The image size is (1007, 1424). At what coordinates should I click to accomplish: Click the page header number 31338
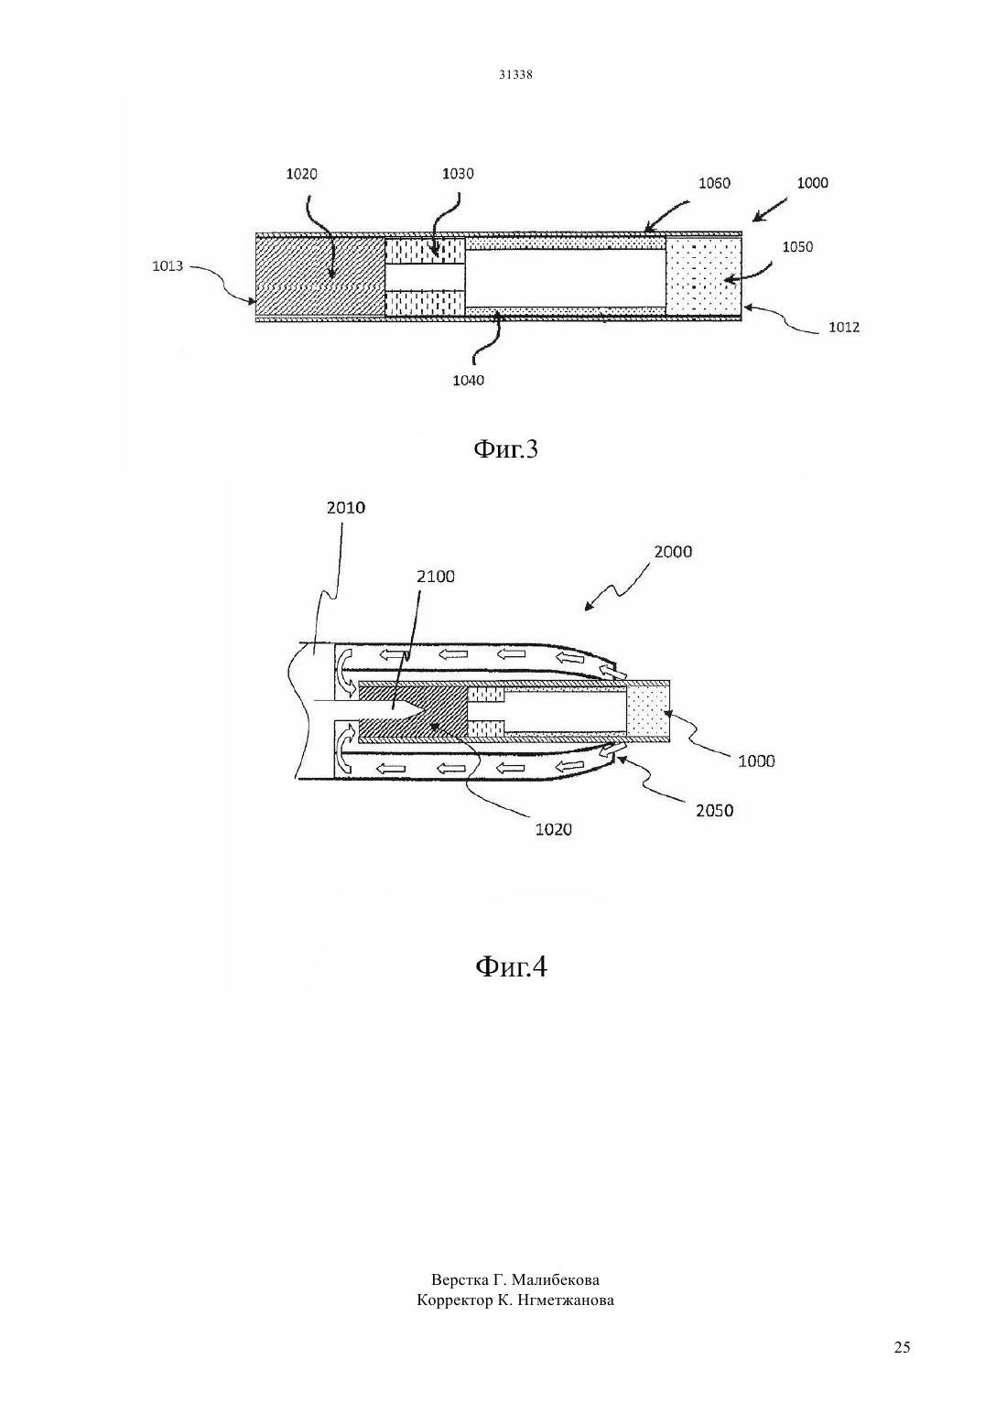click(x=515, y=75)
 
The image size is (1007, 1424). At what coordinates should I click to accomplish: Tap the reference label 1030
click(x=458, y=174)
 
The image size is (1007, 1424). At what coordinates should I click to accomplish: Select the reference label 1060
click(x=715, y=183)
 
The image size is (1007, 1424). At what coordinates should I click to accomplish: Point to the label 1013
click(x=168, y=265)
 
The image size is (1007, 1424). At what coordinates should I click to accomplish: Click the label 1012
click(x=844, y=327)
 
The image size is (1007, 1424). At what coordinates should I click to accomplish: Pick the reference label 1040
click(x=468, y=380)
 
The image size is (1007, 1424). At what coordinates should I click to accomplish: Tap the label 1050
click(x=797, y=247)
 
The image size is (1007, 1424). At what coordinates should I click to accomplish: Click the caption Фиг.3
click(x=506, y=448)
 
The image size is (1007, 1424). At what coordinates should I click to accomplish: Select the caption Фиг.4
click(x=511, y=967)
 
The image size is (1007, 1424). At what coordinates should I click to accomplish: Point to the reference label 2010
click(x=346, y=507)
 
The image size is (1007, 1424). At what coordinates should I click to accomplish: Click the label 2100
click(x=436, y=577)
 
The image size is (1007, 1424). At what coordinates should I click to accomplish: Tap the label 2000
click(x=673, y=552)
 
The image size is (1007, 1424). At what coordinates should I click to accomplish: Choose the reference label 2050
click(x=715, y=811)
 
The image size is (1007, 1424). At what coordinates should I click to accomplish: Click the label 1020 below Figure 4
click(x=553, y=829)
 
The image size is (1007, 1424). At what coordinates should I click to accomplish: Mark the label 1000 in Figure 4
click(x=756, y=761)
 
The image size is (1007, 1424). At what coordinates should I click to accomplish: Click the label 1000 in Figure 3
click(x=813, y=183)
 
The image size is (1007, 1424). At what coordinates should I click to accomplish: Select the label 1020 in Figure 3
click(x=301, y=174)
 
